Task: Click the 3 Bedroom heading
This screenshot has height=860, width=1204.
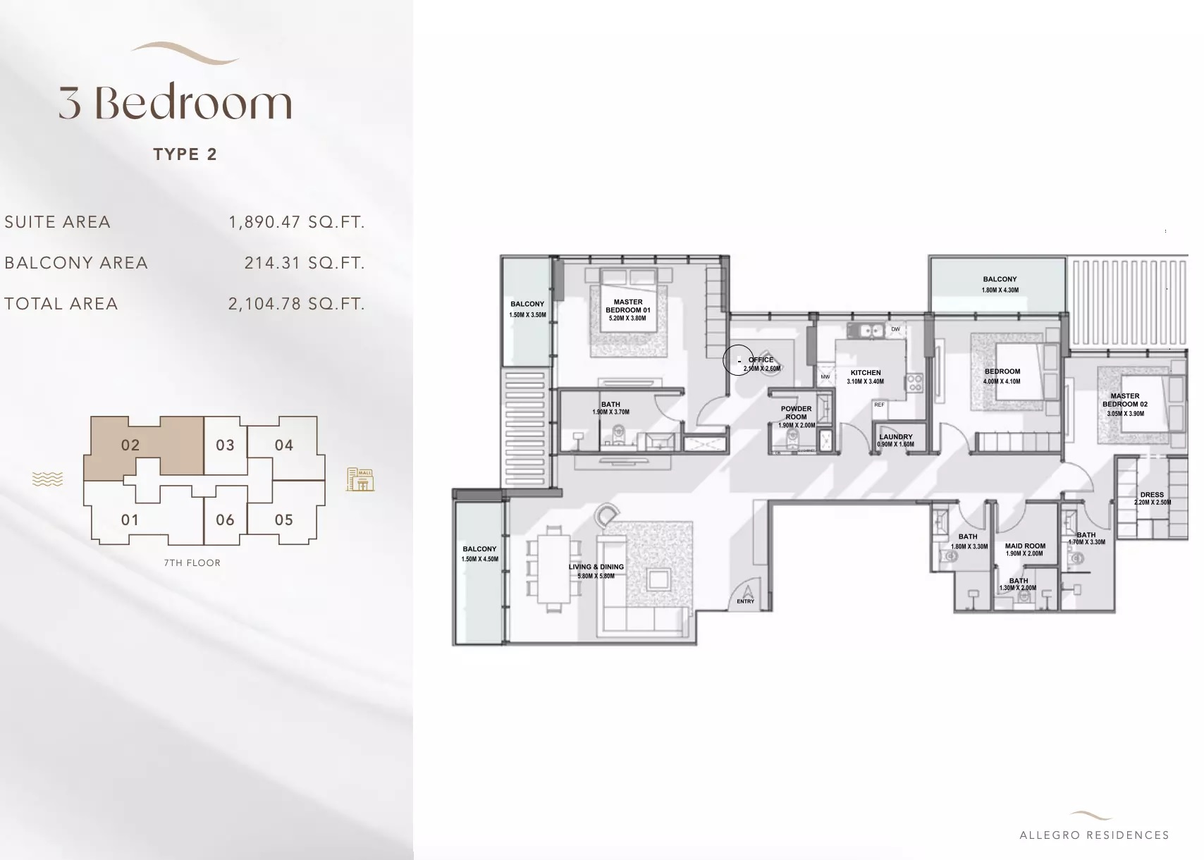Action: [175, 103]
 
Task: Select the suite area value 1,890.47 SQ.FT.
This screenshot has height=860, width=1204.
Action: [296, 222]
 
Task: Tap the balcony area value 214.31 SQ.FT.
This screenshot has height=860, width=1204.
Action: [304, 263]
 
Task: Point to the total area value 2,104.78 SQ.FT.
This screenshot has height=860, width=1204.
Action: [296, 304]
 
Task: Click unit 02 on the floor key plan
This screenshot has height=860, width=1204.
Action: [130, 446]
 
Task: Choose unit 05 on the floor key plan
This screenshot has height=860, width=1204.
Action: [284, 520]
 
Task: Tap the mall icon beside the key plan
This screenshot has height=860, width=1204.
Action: [360, 479]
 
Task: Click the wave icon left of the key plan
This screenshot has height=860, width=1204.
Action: [47, 479]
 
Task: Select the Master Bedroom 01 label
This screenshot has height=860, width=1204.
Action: [627, 306]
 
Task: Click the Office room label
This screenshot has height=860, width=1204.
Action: [761, 360]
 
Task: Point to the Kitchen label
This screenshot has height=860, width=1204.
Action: [866, 373]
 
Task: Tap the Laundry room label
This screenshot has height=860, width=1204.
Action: [895, 437]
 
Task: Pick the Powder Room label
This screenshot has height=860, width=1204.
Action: [796, 412]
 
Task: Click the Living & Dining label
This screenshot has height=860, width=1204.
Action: [596, 567]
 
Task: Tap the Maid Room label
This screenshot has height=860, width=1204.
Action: [1025, 546]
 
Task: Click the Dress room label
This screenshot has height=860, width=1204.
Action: [1152, 495]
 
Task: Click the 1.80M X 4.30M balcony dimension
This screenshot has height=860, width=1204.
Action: [1000, 290]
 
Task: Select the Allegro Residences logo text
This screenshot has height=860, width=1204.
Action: [1094, 835]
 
